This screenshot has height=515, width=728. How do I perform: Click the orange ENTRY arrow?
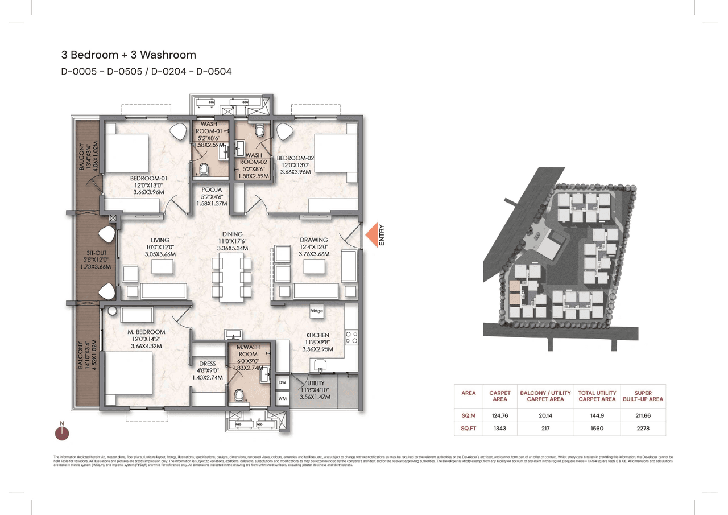click(x=372, y=236)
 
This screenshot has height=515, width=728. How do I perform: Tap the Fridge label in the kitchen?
click(x=316, y=311)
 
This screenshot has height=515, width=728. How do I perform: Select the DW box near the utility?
click(x=283, y=383)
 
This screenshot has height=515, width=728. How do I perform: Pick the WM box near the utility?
click(x=283, y=399)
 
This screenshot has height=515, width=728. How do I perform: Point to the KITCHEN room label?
click(x=317, y=335)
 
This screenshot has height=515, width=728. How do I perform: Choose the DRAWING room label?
click(x=314, y=240)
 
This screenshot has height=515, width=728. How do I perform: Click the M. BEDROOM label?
click(x=147, y=332)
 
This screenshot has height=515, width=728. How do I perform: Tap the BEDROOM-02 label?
click(x=295, y=158)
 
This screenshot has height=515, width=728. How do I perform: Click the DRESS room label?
click(x=207, y=365)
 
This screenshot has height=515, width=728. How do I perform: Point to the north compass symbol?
click(x=62, y=432)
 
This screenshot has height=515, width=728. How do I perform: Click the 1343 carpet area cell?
click(x=499, y=428)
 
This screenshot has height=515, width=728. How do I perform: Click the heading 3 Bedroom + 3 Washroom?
click(x=129, y=55)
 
